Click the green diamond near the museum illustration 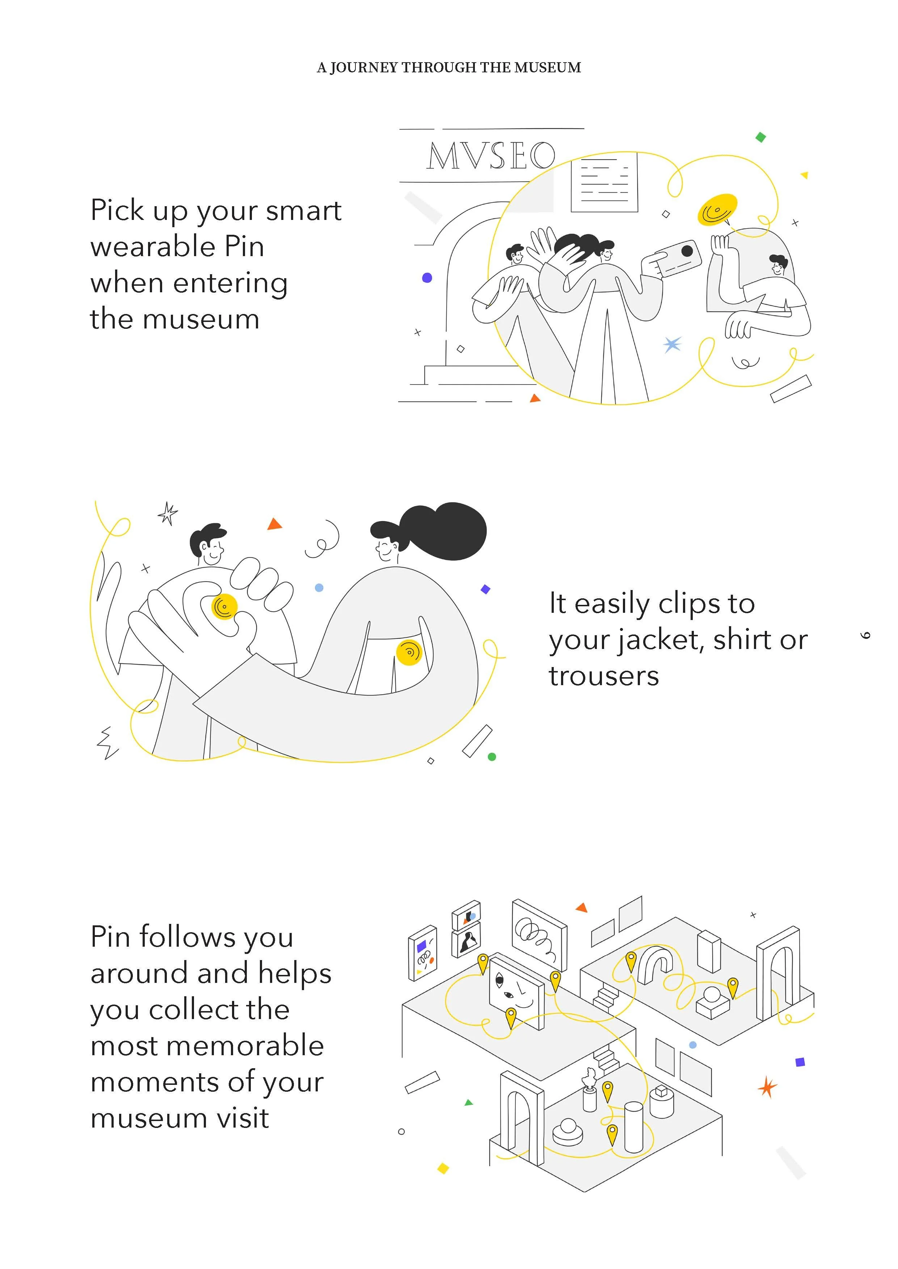[761, 137]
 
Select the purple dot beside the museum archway [427, 277]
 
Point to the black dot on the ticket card [687, 251]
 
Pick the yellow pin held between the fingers [224, 607]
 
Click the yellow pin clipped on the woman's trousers [409, 652]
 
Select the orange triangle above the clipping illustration [274, 524]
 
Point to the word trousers [604, 676]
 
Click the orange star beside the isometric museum [767, 1087]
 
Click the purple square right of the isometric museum [800, 1062]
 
